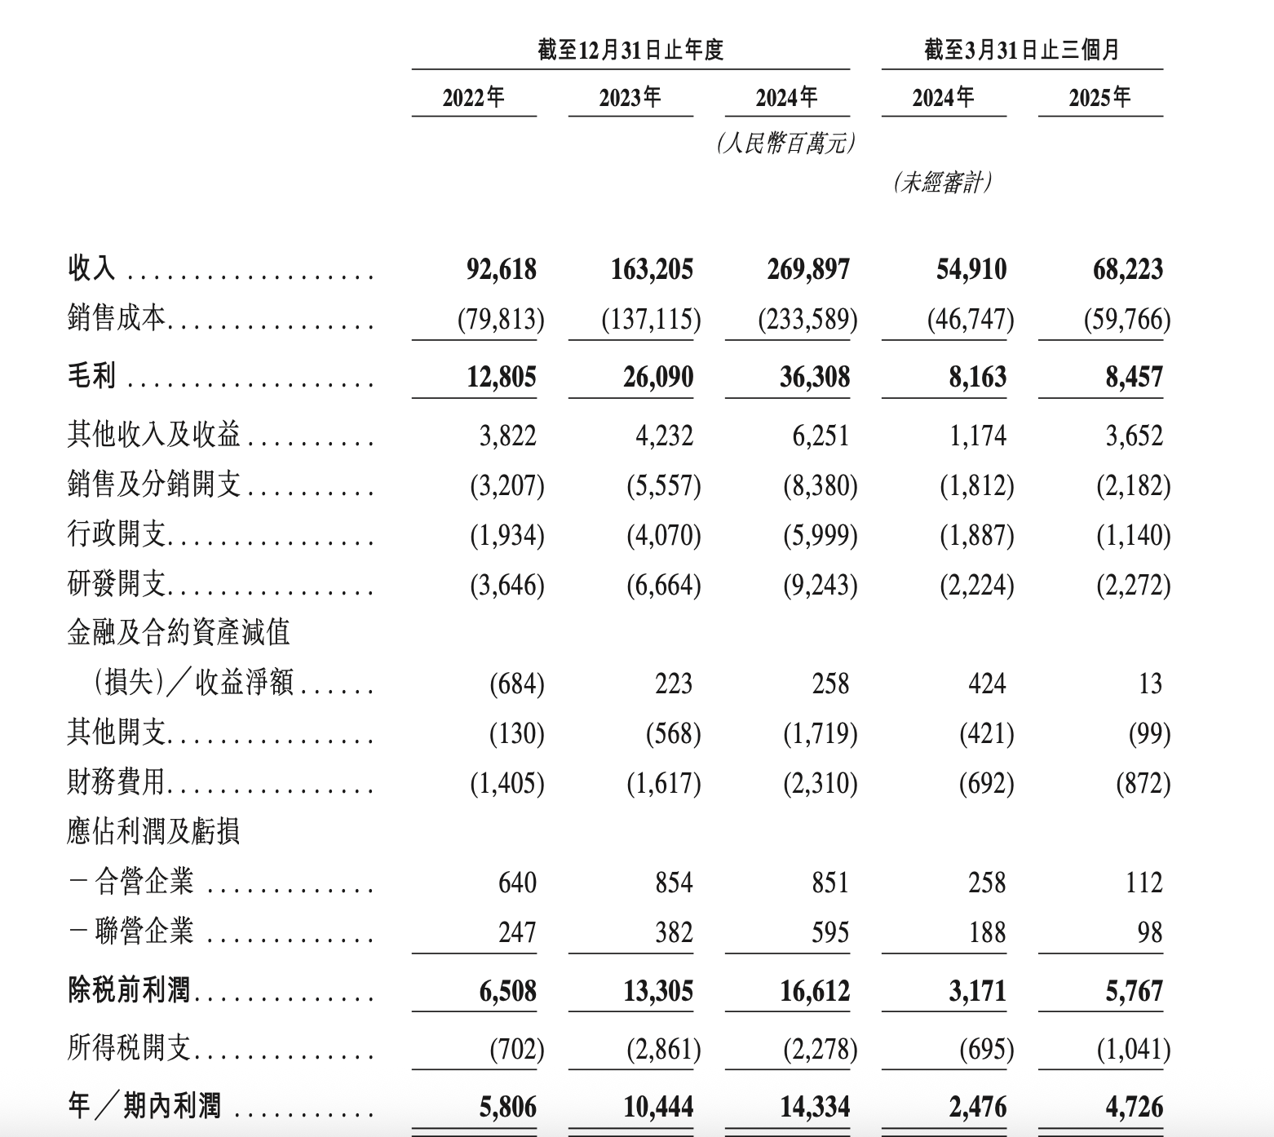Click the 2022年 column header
[x=474, y=98]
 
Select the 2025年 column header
[x=1099, y=98]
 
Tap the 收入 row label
[x=91, y=268]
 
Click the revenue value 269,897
[x=807, y=269]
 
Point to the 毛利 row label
[x=91, y=376]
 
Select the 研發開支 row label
[x=117, y=585]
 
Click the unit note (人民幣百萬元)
[x=786, y=144]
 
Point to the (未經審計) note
[x=943, y=183]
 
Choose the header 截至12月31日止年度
[x=630, y=51]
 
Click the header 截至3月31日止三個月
[x=1021, y=51]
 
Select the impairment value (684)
[x=516, y=684]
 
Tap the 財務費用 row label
[x=117, y=783]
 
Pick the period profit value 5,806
[x=507, y=1107]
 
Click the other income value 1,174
[x=977, y=436]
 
